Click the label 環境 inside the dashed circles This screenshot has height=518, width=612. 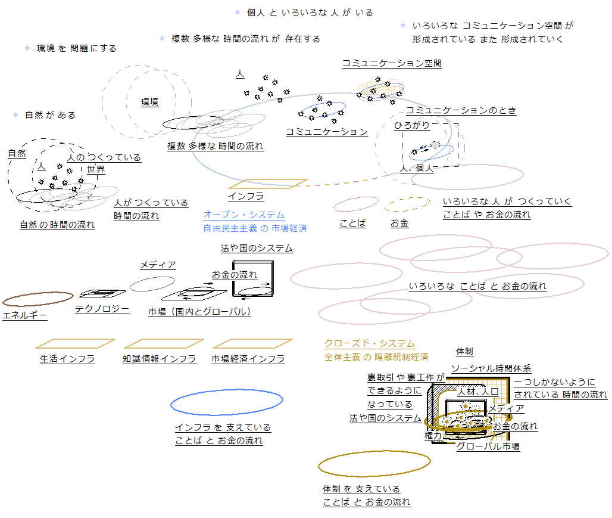point(149,102)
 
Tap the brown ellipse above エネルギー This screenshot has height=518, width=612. point(38,299)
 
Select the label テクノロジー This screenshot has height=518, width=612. point(102,309)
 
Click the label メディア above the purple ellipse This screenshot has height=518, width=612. point(158,265)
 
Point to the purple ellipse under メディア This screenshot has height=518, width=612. point(152,284)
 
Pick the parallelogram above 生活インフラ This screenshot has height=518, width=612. point(75,343)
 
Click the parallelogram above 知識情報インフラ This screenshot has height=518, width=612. point(164,343)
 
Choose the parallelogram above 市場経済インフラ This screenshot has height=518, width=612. point(252,343)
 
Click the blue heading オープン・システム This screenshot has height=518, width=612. point(243,215)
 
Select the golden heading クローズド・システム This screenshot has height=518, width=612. point(369,343)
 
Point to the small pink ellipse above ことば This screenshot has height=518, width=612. point(355,204)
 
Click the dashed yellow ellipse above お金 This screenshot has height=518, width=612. point(407,204)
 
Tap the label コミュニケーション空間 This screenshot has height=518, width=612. point(392,63)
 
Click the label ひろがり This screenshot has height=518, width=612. point(412,125)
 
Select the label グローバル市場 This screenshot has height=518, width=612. point(488,446)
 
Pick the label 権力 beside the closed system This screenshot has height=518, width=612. point(433,436)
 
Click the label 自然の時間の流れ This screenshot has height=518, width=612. point(57,225)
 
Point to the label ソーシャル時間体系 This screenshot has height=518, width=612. point(491,368)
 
